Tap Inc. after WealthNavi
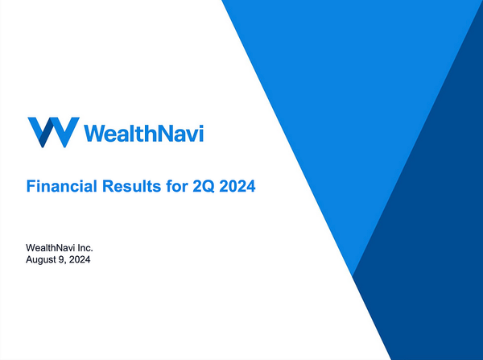(x=93, y=247)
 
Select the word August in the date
(x=45, y=260)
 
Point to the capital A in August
(x=31, y=260)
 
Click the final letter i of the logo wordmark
(x=201, y=131)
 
